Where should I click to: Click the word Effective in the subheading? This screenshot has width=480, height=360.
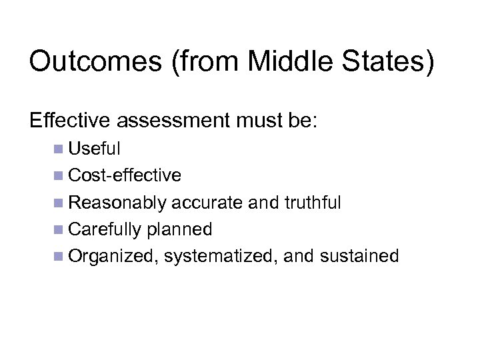click(72, 122)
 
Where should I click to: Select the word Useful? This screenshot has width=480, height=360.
click(94, 149)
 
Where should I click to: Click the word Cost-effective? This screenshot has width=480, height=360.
click(125, 175)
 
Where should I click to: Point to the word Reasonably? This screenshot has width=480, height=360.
click(117, 203)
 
